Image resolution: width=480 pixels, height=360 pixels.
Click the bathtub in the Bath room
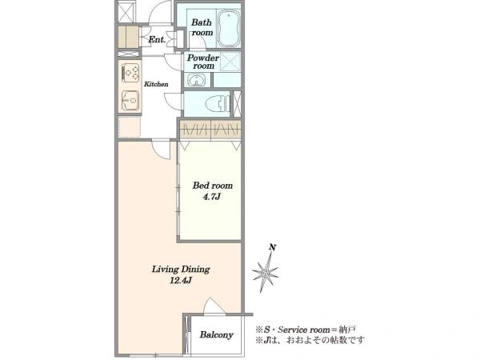click(229, 28)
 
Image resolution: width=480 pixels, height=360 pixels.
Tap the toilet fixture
click(218, 103)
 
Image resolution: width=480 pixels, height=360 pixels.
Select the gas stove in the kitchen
click(131, 73)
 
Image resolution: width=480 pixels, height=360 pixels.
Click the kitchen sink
click(131, 101)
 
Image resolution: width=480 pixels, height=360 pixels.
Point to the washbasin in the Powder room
click(197, 81)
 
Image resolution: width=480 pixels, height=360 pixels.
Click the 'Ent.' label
click(157, 39)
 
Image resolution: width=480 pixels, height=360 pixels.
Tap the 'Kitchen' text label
click(156, 84)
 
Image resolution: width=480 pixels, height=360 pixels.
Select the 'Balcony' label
click(217, 335)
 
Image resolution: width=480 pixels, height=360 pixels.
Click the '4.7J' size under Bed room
click(211, 197)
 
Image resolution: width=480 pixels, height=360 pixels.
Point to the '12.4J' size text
click(181, 280)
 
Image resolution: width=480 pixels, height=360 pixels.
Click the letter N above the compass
click(271, 247)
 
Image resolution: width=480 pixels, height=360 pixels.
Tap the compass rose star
click(265, 273)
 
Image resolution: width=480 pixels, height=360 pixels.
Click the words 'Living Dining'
click(181, 270)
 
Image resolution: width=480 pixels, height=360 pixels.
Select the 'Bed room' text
click(213, 186)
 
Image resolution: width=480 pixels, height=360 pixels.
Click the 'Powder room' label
click(203, 62)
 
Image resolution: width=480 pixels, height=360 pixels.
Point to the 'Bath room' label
click(202, 27)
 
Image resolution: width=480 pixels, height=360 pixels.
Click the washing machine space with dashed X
click(230, 62)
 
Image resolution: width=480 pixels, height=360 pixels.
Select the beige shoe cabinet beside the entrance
click(128, 38)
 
